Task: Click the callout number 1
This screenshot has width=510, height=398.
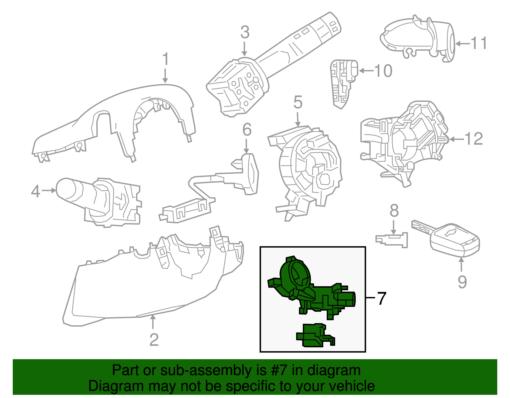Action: tap(165, 60)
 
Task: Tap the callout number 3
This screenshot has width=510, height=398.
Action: tap(245, 32)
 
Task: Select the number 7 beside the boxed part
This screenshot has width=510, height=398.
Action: tap(382, 298)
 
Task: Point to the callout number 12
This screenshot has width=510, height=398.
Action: tap(474, 139)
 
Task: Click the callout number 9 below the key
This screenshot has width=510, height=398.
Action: tap(462, 282)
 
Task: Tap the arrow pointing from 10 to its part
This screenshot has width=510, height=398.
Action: tap(366, 71)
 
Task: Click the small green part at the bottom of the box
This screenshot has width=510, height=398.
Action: tap(314, 336)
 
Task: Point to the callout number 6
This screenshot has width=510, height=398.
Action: tap(247, 130)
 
